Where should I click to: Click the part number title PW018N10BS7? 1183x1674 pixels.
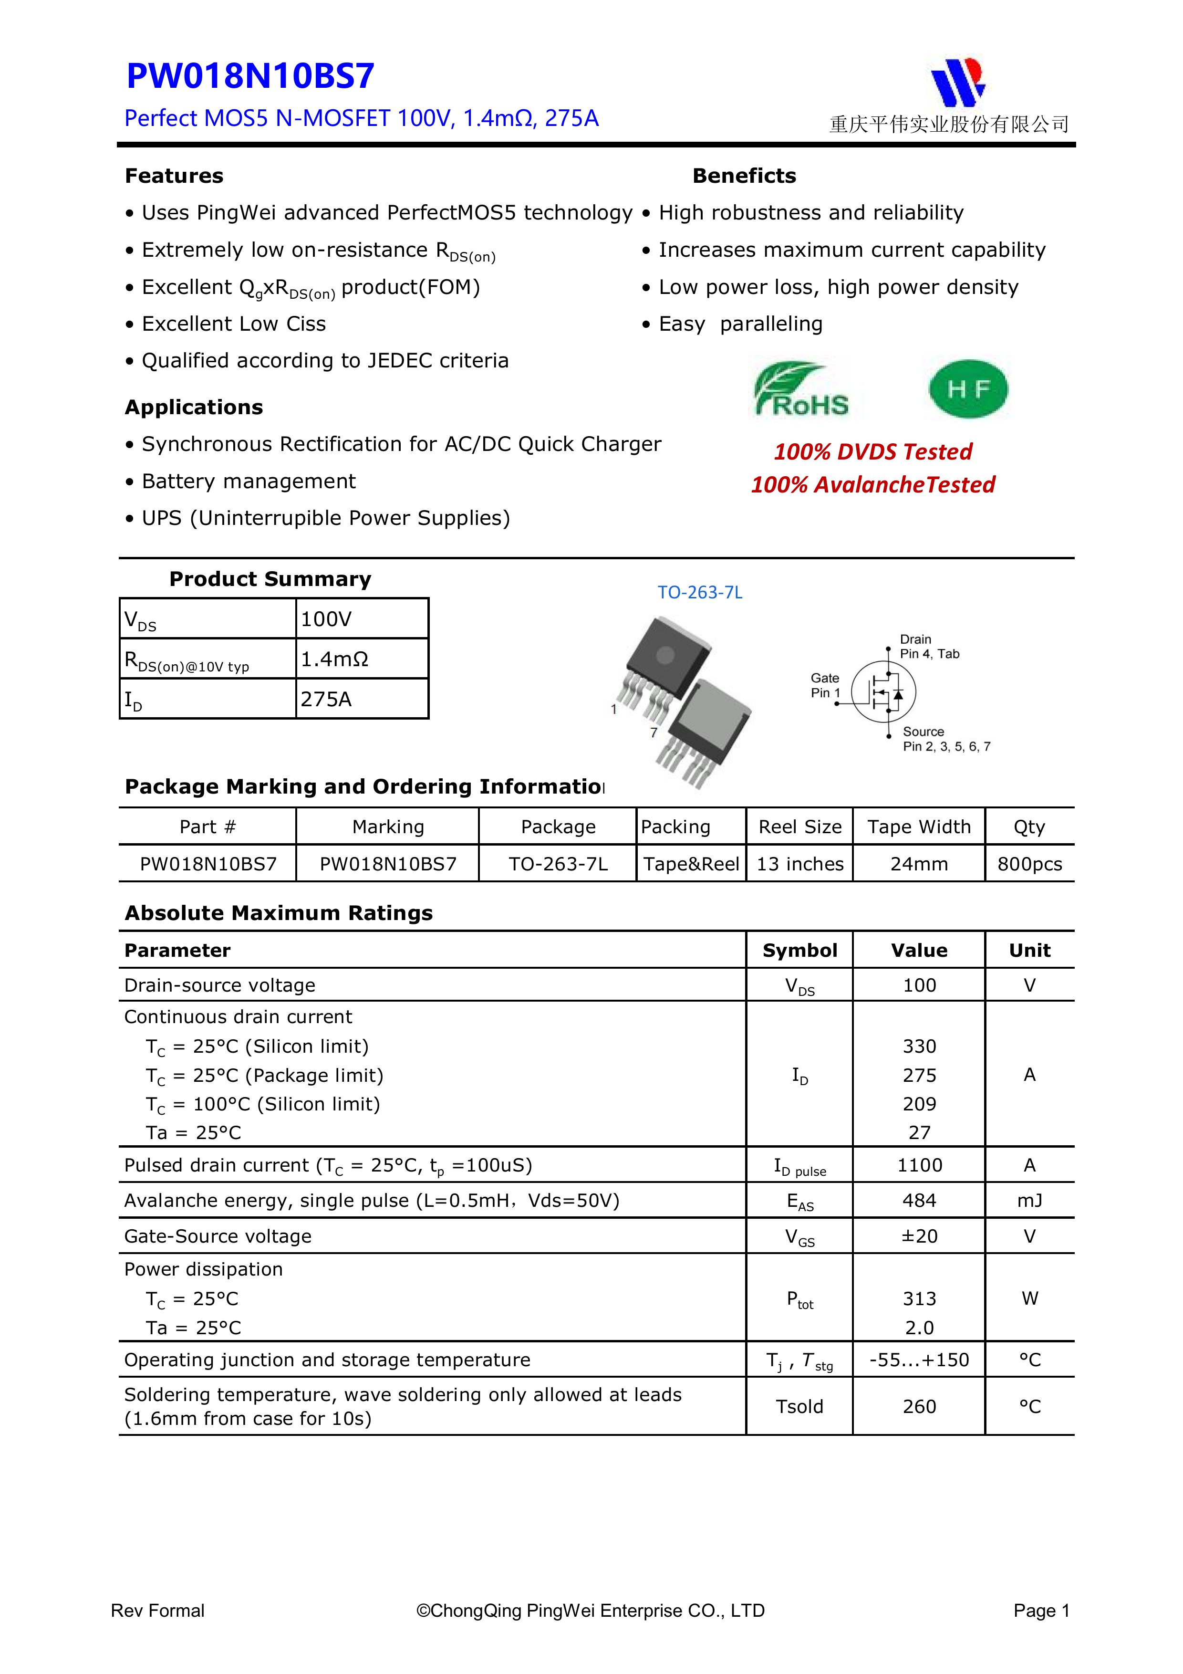point(250,76)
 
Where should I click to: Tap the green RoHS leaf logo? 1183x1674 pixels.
point(801,390)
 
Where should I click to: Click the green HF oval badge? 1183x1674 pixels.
point(968,389)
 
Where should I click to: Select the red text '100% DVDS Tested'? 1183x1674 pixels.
point(872,452)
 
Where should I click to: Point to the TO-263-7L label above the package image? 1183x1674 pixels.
point(700,593)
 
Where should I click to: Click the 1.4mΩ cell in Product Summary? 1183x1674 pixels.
point(334,659)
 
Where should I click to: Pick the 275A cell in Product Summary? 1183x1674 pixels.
point(327,699)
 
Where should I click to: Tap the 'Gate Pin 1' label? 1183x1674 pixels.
point(825,685)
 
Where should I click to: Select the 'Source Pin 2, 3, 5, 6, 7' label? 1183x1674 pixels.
point(945,739)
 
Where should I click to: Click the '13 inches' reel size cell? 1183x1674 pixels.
point(799,864)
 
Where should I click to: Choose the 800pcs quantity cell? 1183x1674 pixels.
point(1029,864)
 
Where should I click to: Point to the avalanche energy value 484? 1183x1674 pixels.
point(919,1200)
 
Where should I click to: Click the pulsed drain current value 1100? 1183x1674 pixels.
point(919,1165)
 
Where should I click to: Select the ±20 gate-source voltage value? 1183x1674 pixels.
point(919,1236)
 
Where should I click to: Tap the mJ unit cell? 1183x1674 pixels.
point(1029,1200)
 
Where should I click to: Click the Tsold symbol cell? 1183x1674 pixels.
point(799,1406)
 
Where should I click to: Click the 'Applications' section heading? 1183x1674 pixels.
point(194,407)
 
